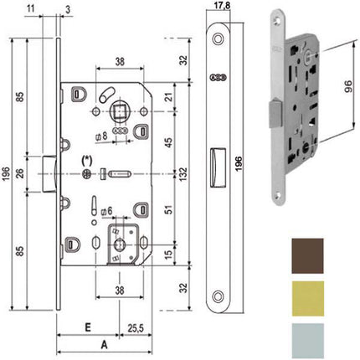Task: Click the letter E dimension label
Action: point(87,327)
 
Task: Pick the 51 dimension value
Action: point(167,212)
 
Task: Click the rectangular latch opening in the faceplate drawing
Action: point(216,157)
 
